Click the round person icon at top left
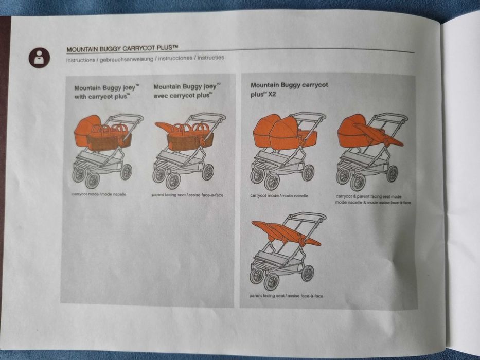click(39, 57)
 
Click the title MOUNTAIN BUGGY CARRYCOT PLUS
click(122, 49)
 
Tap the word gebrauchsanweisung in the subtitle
click(125, 59)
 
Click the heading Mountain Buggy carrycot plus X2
click(289, 88)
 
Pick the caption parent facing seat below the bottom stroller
click(287, 296)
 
